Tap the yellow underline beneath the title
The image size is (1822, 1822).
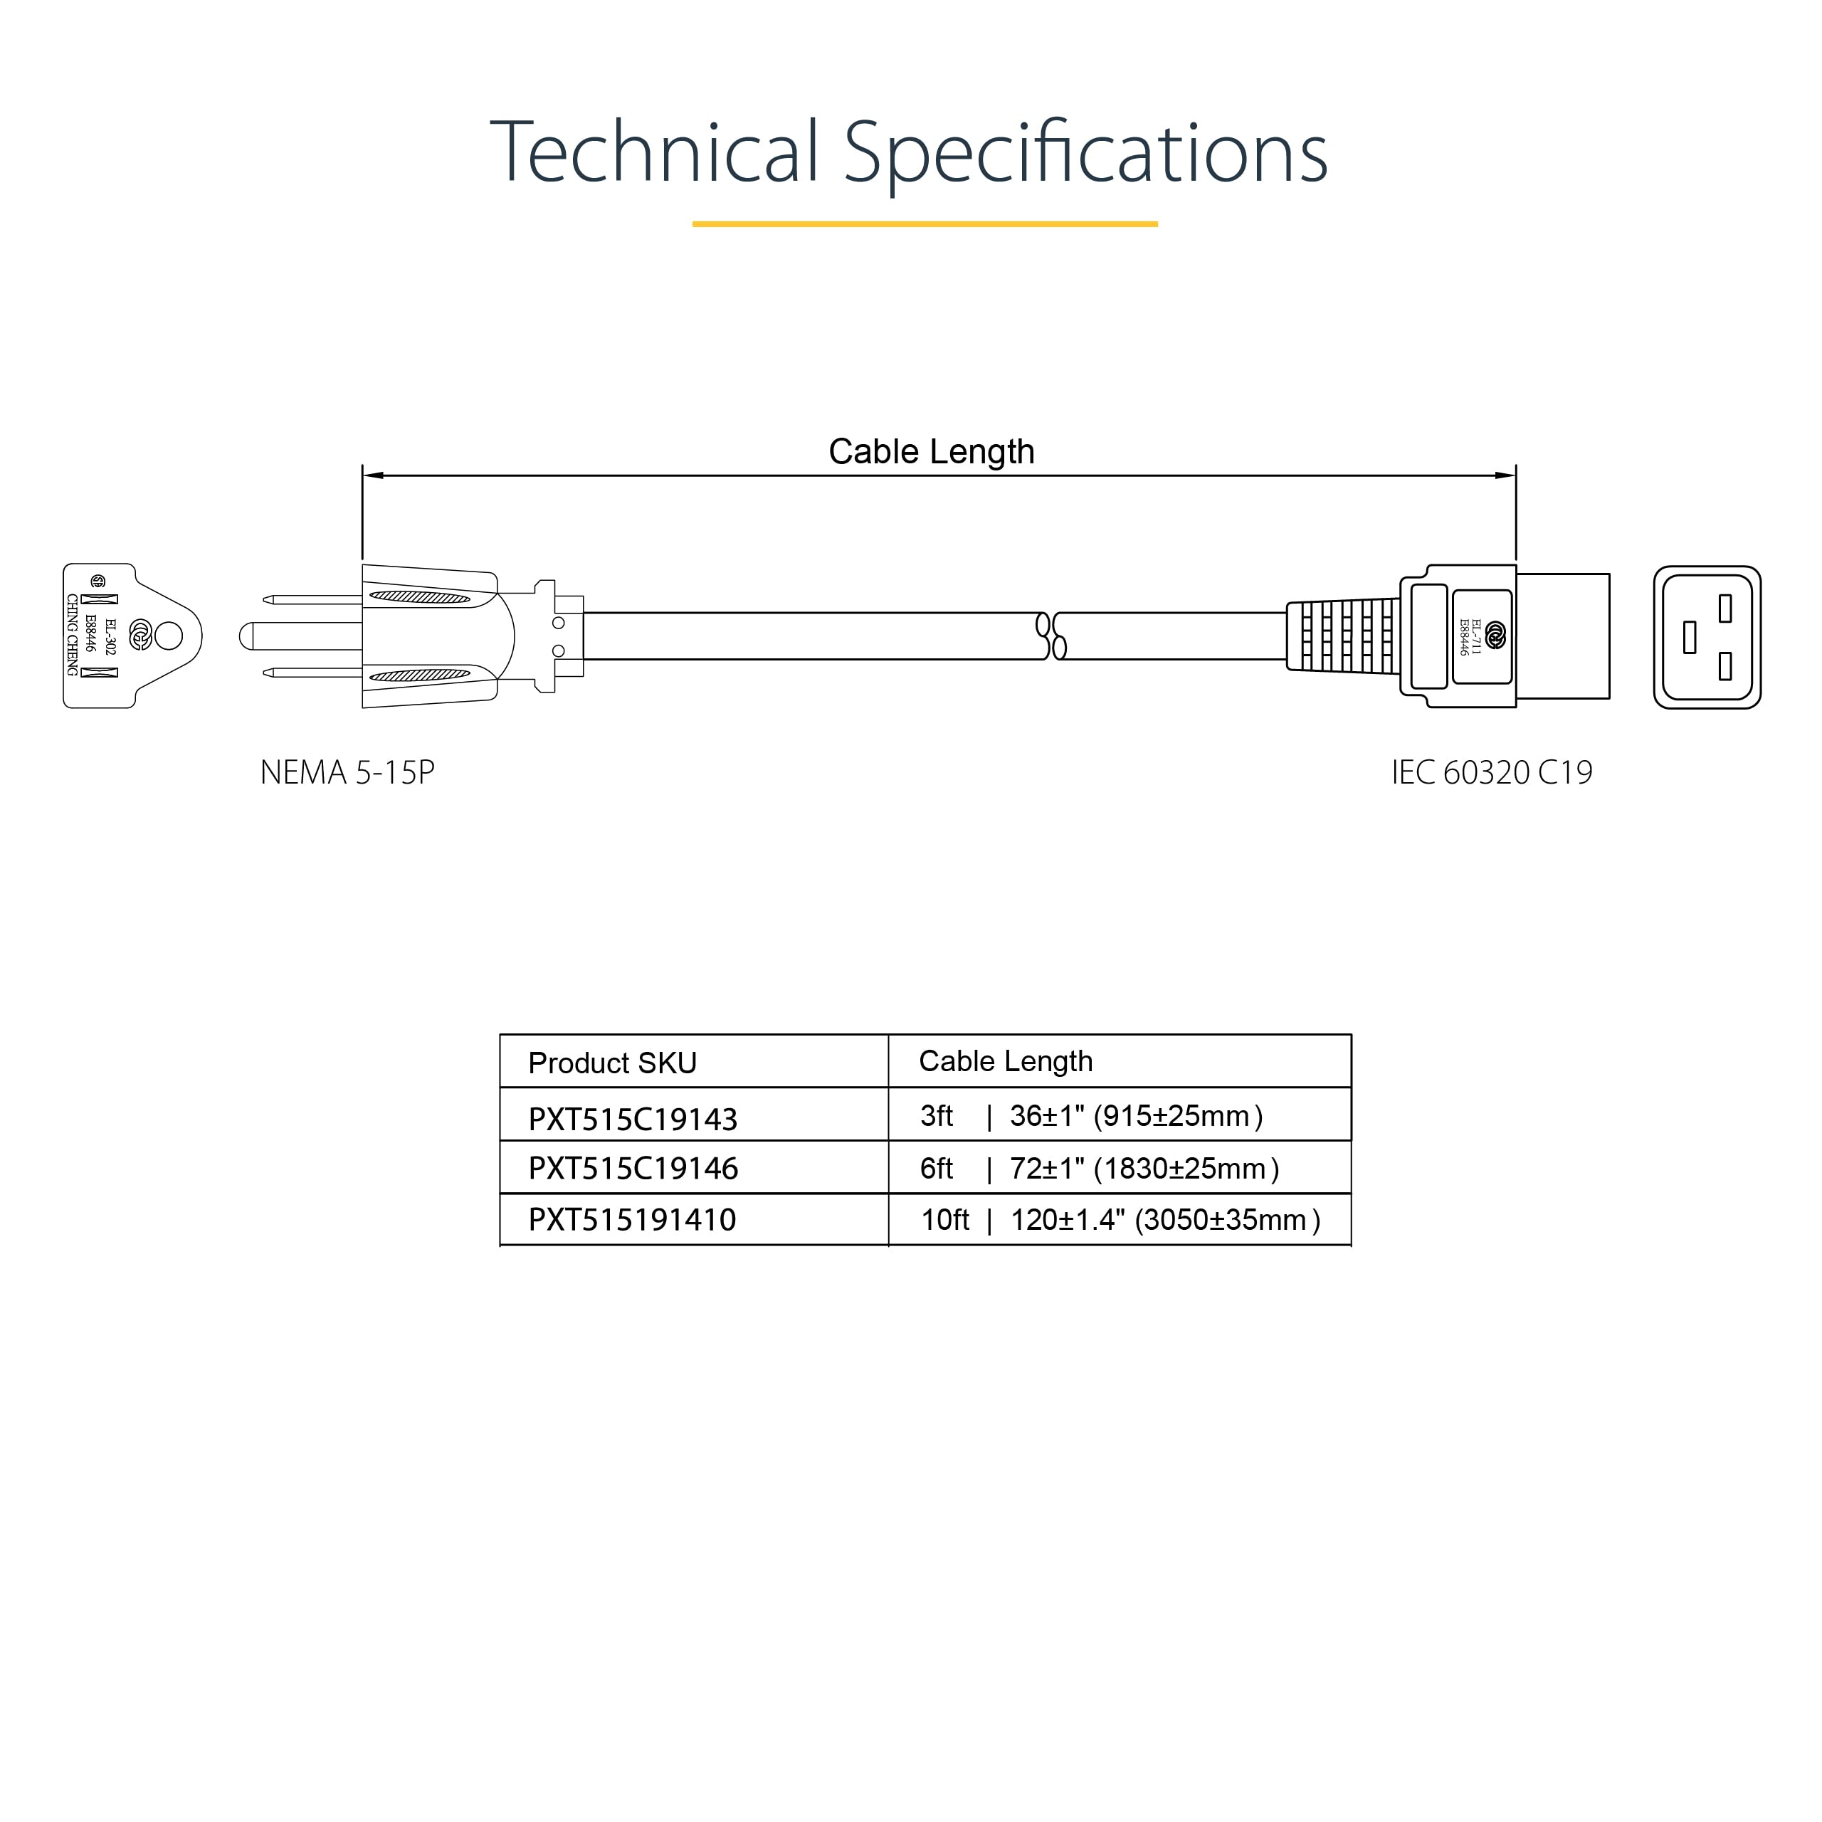click(x=925, y=224)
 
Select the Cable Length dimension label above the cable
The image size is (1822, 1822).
click(x=931, y=452)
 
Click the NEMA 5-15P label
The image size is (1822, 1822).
click(x=347, y=772)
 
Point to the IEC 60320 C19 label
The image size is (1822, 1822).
click(x=1492, y=772)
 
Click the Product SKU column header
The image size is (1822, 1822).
click(x=612, y=1063)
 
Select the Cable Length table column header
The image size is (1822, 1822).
click(x=1006, y=1061)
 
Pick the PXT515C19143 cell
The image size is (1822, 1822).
click(x=633, y=1119)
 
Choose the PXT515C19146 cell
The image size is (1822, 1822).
click(x=633, y=1169)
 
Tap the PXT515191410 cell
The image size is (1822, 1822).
click(x=632, y=1219)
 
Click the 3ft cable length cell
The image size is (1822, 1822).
click(x=1092, y=1117)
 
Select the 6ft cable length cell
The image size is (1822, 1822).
click(x=1100, y=1169)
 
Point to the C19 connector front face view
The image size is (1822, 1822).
click(x=1707, y=638)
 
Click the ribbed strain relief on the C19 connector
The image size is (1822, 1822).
click(x=1344, y=636)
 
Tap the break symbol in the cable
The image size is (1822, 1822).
click(x=1051, y=636)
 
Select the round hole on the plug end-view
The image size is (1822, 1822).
click(x=168, y=636)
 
